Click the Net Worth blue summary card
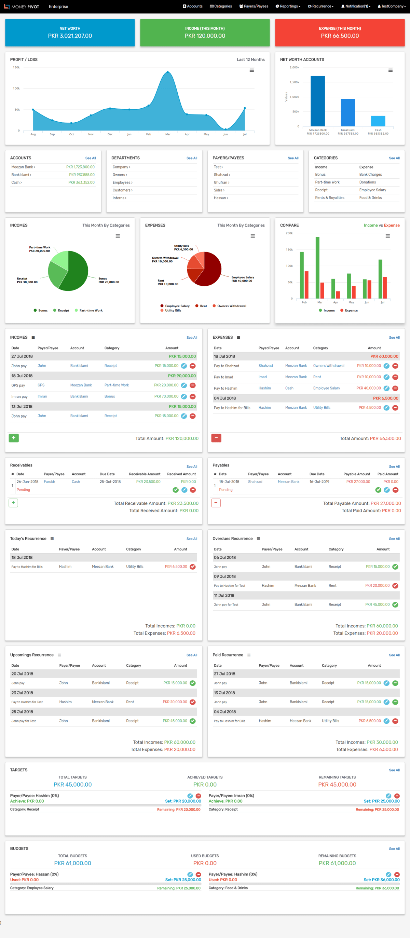[x=70, y=32]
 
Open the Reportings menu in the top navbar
[x=288, y=6]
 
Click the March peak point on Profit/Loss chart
[x=167, y=72]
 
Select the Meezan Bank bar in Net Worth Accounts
[x=317, y=101]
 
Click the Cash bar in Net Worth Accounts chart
[x=378, y=121]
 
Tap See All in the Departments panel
[x=192, y=158]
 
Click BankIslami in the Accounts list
[x=21, y=175]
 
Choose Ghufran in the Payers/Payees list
[x=221, y=182]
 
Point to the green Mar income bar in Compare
[x=317, y=268]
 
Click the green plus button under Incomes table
[x=13, y=438]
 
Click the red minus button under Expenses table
[x=216, y=438]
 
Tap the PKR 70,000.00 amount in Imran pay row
[x=166, y=396]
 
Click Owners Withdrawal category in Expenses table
[x=328, y=366]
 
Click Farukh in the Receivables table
[x=49, y=482]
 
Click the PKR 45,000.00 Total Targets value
[x=72, y=784]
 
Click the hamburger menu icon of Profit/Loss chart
[x=251, y=70]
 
